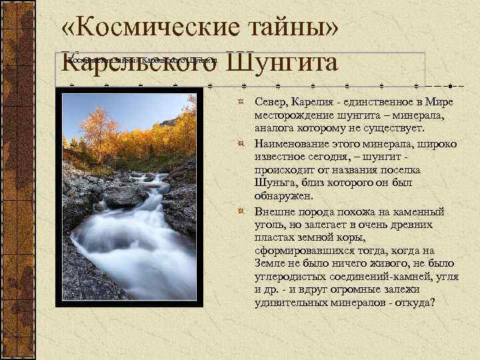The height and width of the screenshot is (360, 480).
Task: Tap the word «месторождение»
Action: point(292,115)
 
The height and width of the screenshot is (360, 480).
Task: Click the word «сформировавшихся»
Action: point(297,249)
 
